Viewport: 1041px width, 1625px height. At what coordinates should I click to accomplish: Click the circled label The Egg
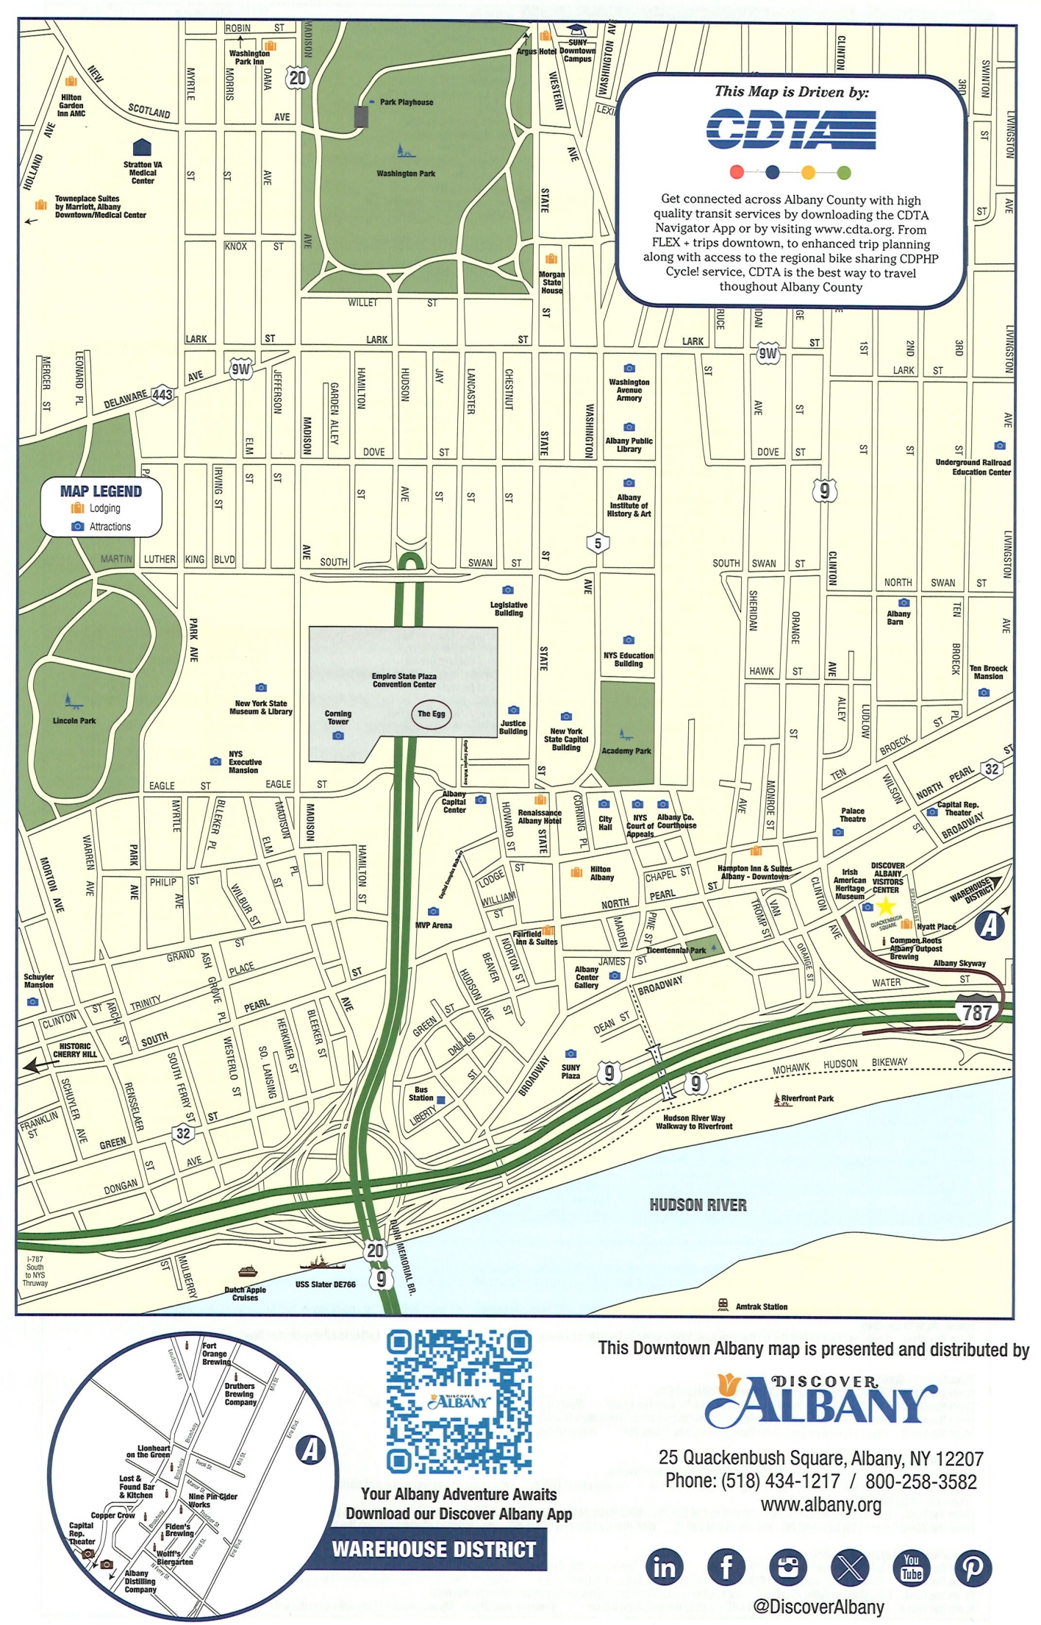coord(431,714)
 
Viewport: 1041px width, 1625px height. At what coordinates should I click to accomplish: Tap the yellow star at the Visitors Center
coord(886,906)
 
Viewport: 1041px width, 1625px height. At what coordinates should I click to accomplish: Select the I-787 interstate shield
coord(976,1011)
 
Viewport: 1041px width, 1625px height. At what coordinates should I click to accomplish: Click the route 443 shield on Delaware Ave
coord(162,395)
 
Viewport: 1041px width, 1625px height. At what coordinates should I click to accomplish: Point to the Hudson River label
coord(698,1205)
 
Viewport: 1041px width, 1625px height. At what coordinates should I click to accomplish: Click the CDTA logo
coord(791,129)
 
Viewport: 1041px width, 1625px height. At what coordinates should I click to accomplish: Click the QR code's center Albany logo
coord(459,1401)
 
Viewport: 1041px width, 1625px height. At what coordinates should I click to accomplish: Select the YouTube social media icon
coord(911,1567)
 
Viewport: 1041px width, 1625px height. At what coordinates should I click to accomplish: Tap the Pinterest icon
coord(973,1567)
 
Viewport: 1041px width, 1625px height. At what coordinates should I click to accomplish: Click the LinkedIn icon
coord(665,1567)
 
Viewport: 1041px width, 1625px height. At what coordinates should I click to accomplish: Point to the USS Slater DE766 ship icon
coord(321,1264)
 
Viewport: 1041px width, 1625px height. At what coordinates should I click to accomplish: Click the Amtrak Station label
coord(761,1306)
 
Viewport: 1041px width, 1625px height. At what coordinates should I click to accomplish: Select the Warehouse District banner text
coord(434,1549)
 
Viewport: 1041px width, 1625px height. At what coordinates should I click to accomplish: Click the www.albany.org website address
coord(820,1505)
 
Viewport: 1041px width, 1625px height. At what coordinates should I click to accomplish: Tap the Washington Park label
coord(406,174)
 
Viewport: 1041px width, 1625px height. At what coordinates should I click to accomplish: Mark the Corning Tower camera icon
coord(338,736)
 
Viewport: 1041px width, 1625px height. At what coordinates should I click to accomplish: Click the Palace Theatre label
coord(853,814)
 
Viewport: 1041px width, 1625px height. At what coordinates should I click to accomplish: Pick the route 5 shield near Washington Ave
coord(598,544)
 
